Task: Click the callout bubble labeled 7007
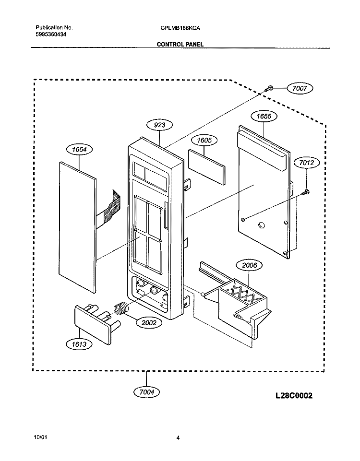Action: [300, 88]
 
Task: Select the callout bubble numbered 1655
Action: [264, 116]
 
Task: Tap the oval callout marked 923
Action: [160, 125]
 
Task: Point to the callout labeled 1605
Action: [204, 140]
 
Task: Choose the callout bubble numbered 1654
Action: [79, 149]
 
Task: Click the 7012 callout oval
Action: [306, 163]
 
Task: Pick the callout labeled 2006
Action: [250, 265]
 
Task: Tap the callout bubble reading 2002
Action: [149, 322]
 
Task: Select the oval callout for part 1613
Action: [79, 344]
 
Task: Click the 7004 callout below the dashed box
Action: [147, 392]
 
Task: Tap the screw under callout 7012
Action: [306, 192]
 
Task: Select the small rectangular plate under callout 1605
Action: [207, 167]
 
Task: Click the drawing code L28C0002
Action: [294, 395]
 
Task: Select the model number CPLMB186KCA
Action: [180, 28]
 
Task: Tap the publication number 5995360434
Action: [51, 35]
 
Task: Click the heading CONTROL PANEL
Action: [180, 45]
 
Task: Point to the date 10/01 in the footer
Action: [40, 437]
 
